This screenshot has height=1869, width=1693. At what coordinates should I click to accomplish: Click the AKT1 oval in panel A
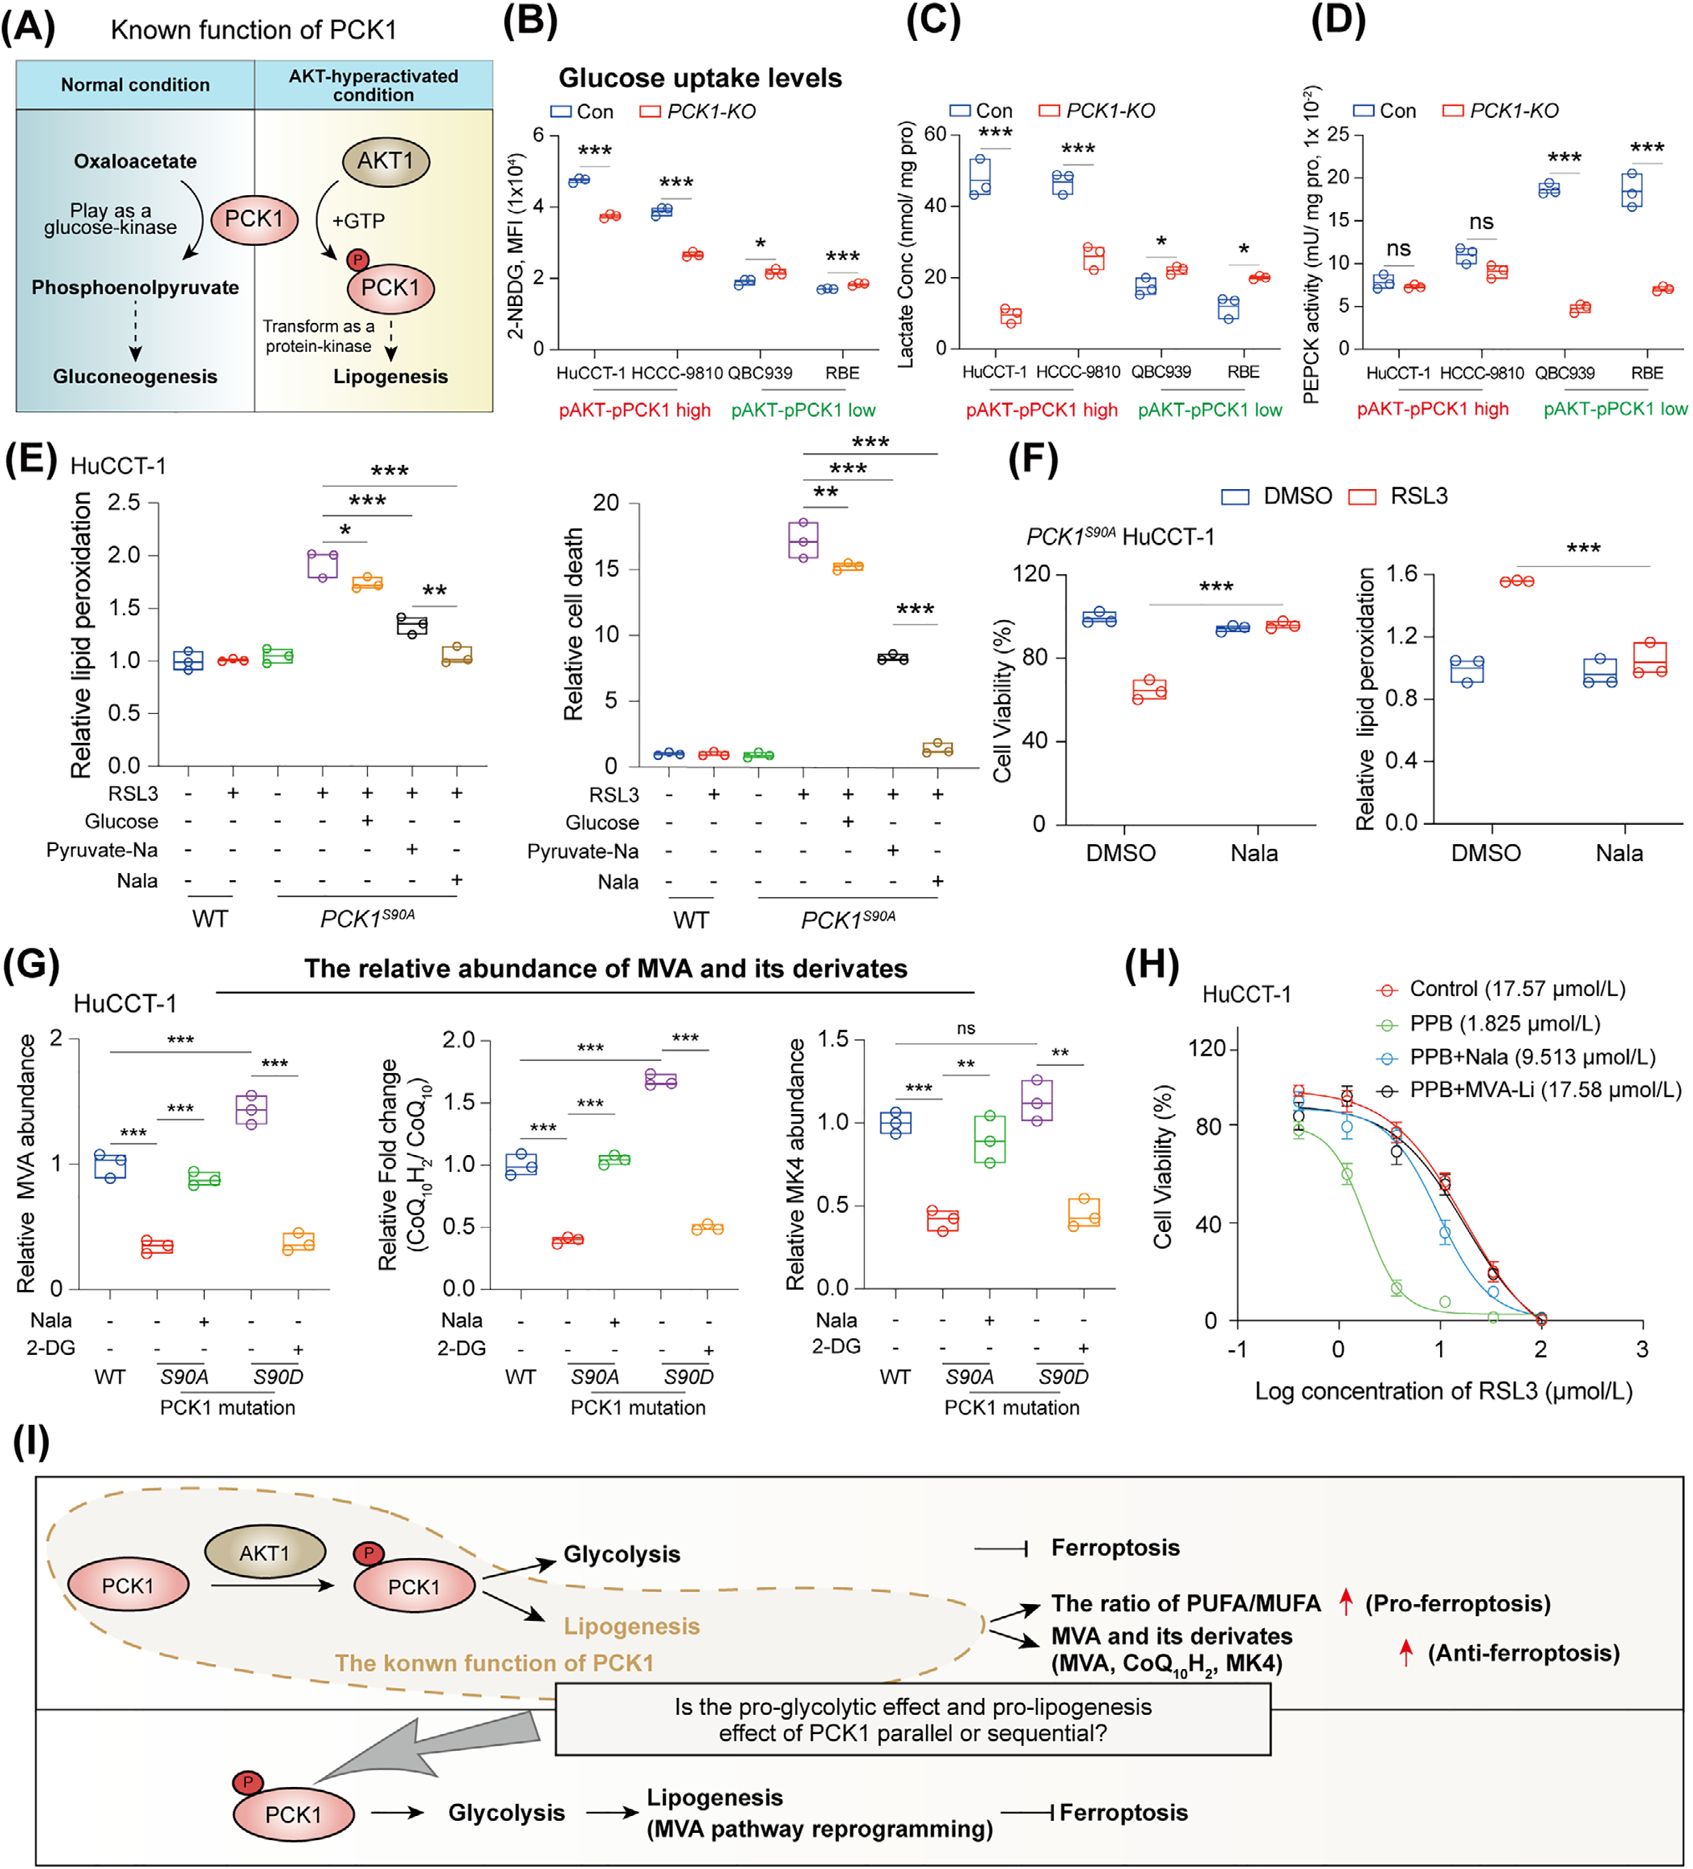pyautogui.click(x=386, y=161)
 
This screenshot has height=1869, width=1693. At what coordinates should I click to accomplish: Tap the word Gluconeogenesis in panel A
pyautogui.click(x=136, y=377)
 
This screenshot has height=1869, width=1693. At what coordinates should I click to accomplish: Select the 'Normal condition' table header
pyautogui.click(x=136, y=85)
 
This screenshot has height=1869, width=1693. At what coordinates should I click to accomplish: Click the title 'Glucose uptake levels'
pyautogui.click(x=700, y=78)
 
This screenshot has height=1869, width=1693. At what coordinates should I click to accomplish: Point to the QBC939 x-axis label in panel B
pyautogui.click(x=761, y=373)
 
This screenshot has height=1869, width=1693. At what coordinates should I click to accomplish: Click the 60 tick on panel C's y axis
pyautogui.click(x=935, y=134)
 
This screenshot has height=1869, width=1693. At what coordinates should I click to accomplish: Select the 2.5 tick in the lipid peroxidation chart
pyautogui.click(x=124, y=503)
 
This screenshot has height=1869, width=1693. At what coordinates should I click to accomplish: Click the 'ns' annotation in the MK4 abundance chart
pyautogui.click(x=966, y=1028)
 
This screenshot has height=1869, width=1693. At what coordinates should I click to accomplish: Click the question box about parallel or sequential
pyautogui.click(x=912, y=1720)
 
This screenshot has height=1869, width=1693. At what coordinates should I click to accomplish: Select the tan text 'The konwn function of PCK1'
pyautogui.click(x=494, y=1663)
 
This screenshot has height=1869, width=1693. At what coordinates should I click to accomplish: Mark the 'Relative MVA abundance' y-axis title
pyautogui.click(x=27, y=1164)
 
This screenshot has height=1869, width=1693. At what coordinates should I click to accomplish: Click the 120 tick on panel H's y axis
pyautogui.click(x=1206, y=1048)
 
